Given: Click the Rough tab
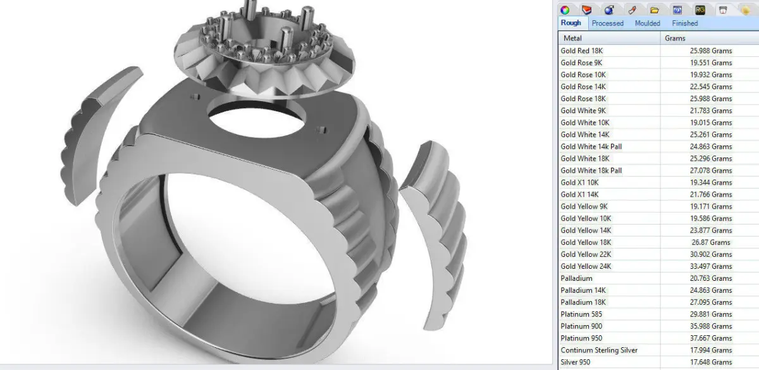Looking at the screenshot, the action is (571, 23).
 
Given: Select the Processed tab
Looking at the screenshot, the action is (608, 23).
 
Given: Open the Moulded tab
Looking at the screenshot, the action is (648, 23).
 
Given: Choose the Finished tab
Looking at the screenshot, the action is (685, 23).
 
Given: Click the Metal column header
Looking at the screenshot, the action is (572, 39).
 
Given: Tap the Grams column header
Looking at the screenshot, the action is (675, 39).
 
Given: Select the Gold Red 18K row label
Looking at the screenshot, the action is (581, 51).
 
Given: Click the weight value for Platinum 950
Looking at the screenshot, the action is (711, 338).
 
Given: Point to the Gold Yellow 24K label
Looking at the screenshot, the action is (586, 266).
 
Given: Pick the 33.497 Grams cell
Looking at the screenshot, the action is (711, 266).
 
